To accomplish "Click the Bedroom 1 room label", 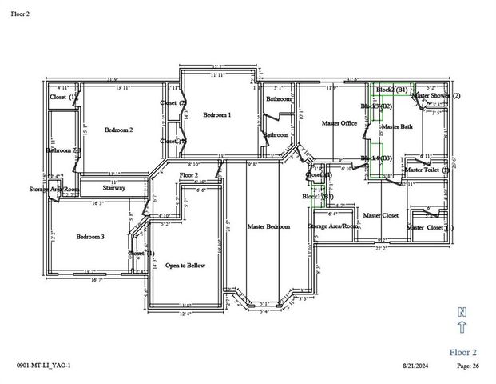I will pos(216,115).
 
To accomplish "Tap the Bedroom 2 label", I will pos(118,130).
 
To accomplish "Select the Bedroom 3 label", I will pos(90,237).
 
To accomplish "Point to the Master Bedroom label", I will pos(268,227).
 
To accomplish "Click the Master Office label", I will pos(339,123).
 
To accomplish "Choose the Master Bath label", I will pos(397,127).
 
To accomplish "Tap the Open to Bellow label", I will pos(185,265).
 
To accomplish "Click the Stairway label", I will pos(114,188).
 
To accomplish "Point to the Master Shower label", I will pos(436,95).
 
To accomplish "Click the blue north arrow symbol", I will pos(462,326).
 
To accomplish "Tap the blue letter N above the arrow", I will pos(462,311).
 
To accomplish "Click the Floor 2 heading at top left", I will pos(22,13).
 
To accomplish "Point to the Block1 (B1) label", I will pos(317,196).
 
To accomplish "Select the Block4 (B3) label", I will pos(375,158).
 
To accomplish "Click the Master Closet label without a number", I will pos(380,216).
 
